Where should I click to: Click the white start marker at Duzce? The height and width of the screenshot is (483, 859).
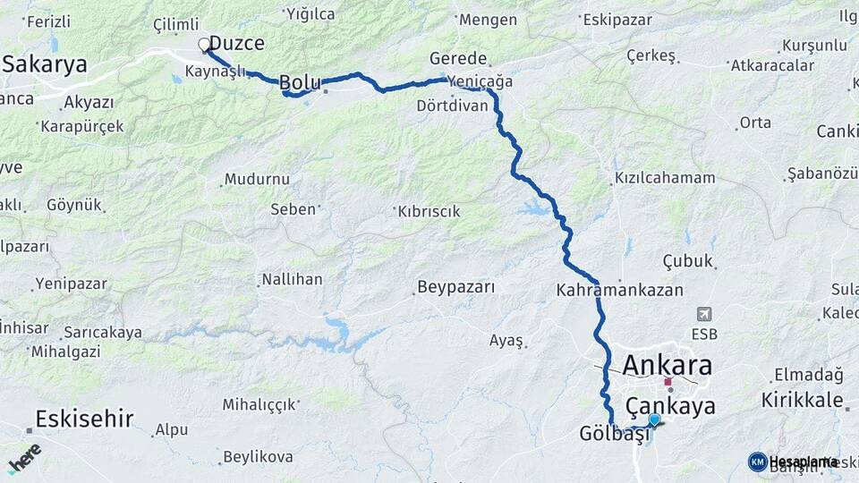click(x=204, y=43)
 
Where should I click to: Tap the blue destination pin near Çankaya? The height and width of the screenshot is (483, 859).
click(x=654, y=419)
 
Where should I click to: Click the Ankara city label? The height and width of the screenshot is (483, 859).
click(x=667, y=365)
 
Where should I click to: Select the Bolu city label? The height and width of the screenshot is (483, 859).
click(x=300, y=82)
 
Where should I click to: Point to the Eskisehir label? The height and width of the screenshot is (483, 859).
click(x=84, y=418)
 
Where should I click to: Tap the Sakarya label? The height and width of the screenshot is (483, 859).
click(x=45, y=64)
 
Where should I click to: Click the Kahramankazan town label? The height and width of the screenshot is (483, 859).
click(x=619, y=291)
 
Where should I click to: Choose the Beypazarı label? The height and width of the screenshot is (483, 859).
click(x=455, y=288)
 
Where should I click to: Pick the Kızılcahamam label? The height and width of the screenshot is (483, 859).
click(x=665, y=178)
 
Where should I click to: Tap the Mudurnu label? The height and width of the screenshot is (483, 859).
click(x=257, y=179)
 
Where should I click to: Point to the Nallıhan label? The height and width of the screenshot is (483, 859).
click(x=292, y=280)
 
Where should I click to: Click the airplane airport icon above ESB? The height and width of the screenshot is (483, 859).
click(x=705, y=315)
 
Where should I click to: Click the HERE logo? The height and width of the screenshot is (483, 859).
click(x=24, y=458)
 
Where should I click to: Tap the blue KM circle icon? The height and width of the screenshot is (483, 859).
click(x=758, y=462)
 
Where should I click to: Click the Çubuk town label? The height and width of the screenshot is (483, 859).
click(x=688, y=261)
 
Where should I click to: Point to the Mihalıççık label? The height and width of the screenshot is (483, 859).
click(x=259, y=404)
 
